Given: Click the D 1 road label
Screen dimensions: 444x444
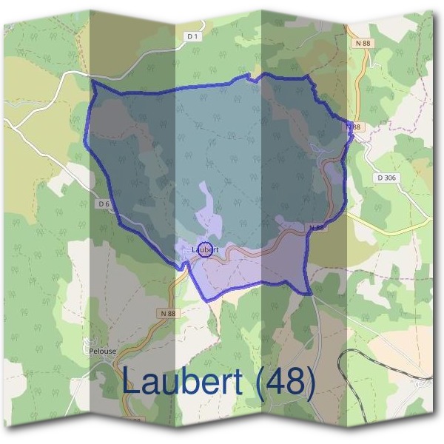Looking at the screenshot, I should click(x=192, y=36).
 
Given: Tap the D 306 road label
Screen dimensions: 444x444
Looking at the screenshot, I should click(x=386, y=178).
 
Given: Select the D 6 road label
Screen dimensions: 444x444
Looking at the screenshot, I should click(x=103, y=203).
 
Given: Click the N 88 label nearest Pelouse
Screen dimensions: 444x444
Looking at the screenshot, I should click(x=168, y=314).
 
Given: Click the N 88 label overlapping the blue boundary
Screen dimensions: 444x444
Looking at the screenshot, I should click(x=355, y=127).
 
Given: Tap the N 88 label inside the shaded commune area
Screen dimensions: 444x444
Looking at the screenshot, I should click(x=317, y=228).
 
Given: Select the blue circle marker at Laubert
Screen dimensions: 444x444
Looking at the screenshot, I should click(x=206, y=249).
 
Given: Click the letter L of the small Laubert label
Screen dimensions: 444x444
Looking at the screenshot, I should click(x=192, y=250).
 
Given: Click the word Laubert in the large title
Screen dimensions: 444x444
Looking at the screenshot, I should click(x=181, y=383).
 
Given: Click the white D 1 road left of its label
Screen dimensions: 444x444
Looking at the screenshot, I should click(x=148, y=64).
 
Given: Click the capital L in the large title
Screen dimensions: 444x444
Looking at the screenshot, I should click(x=132, y=383).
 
